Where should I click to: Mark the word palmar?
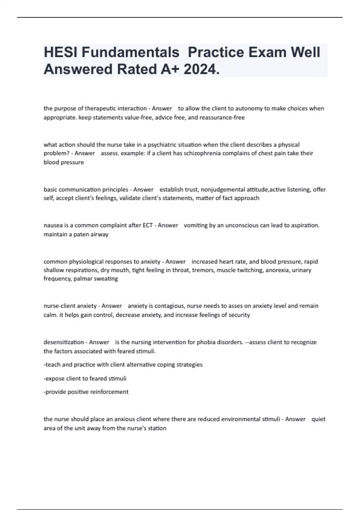point(81,279)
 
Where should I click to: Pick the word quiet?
point(318,419)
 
